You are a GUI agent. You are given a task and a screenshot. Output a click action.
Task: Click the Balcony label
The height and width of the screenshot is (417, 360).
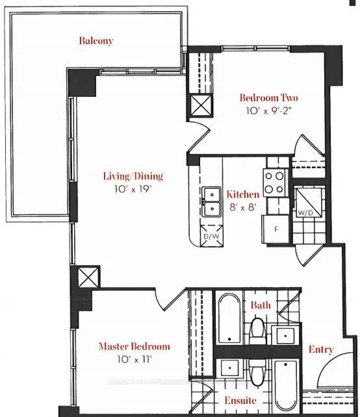[x=96, y=40]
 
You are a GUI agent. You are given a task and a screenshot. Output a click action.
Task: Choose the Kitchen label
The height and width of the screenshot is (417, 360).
[x=243, y=194]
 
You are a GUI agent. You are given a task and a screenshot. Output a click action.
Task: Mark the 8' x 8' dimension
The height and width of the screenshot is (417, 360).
[x=243, y=207]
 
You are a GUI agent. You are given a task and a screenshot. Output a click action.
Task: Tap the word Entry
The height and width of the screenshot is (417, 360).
[x=322, y=349]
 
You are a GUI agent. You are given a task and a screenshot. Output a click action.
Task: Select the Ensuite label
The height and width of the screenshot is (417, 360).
[x=240, y=400]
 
